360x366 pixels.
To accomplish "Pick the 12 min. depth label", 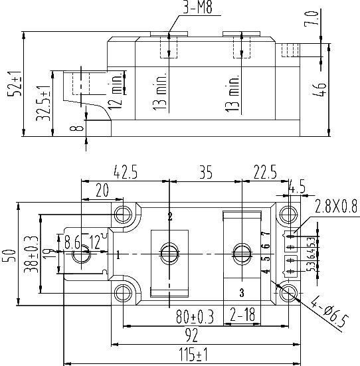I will click(x=117, y=93).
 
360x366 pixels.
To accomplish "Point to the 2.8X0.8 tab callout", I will click(x=336, y=205).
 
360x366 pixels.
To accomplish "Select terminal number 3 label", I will click(x=241, y=292).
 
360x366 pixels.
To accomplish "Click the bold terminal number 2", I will click(x=170, y=217).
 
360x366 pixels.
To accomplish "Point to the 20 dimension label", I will click(x=102, y=190).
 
